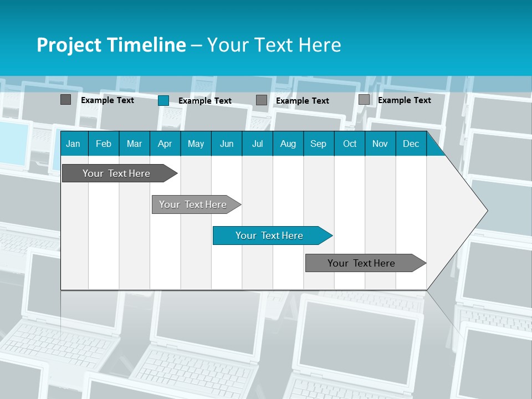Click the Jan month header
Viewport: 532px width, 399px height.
pos(73,144)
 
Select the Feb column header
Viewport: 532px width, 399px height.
pos(104,144)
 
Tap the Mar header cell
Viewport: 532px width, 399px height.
pos(134,144)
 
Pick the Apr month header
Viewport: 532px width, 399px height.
pos(165,144)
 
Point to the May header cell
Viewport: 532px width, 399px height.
pos(196,144)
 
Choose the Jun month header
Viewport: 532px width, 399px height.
pos(227,144)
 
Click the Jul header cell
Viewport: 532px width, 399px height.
pos(257,144)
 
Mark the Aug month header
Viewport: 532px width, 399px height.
pos(288,144)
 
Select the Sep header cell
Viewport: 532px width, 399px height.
pos(319,144)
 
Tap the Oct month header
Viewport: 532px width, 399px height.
pos(350,144)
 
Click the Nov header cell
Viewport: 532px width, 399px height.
pos(380,144)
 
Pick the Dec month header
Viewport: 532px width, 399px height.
pos(411,144)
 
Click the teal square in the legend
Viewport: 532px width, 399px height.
pos(163,100)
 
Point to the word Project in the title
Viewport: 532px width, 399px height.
pos(69,45)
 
